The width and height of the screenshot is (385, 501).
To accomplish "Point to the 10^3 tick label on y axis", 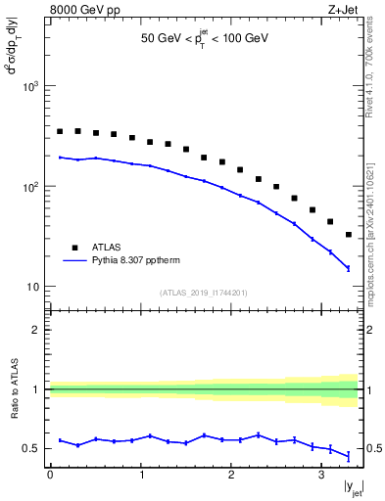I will (x=28, y=86).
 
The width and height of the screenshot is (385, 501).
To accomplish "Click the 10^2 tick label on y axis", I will (x=28, y=186).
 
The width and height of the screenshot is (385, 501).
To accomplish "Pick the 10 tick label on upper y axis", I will (x=32, y=287).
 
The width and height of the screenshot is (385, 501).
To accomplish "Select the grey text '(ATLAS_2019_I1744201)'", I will (x=204, y=292).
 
